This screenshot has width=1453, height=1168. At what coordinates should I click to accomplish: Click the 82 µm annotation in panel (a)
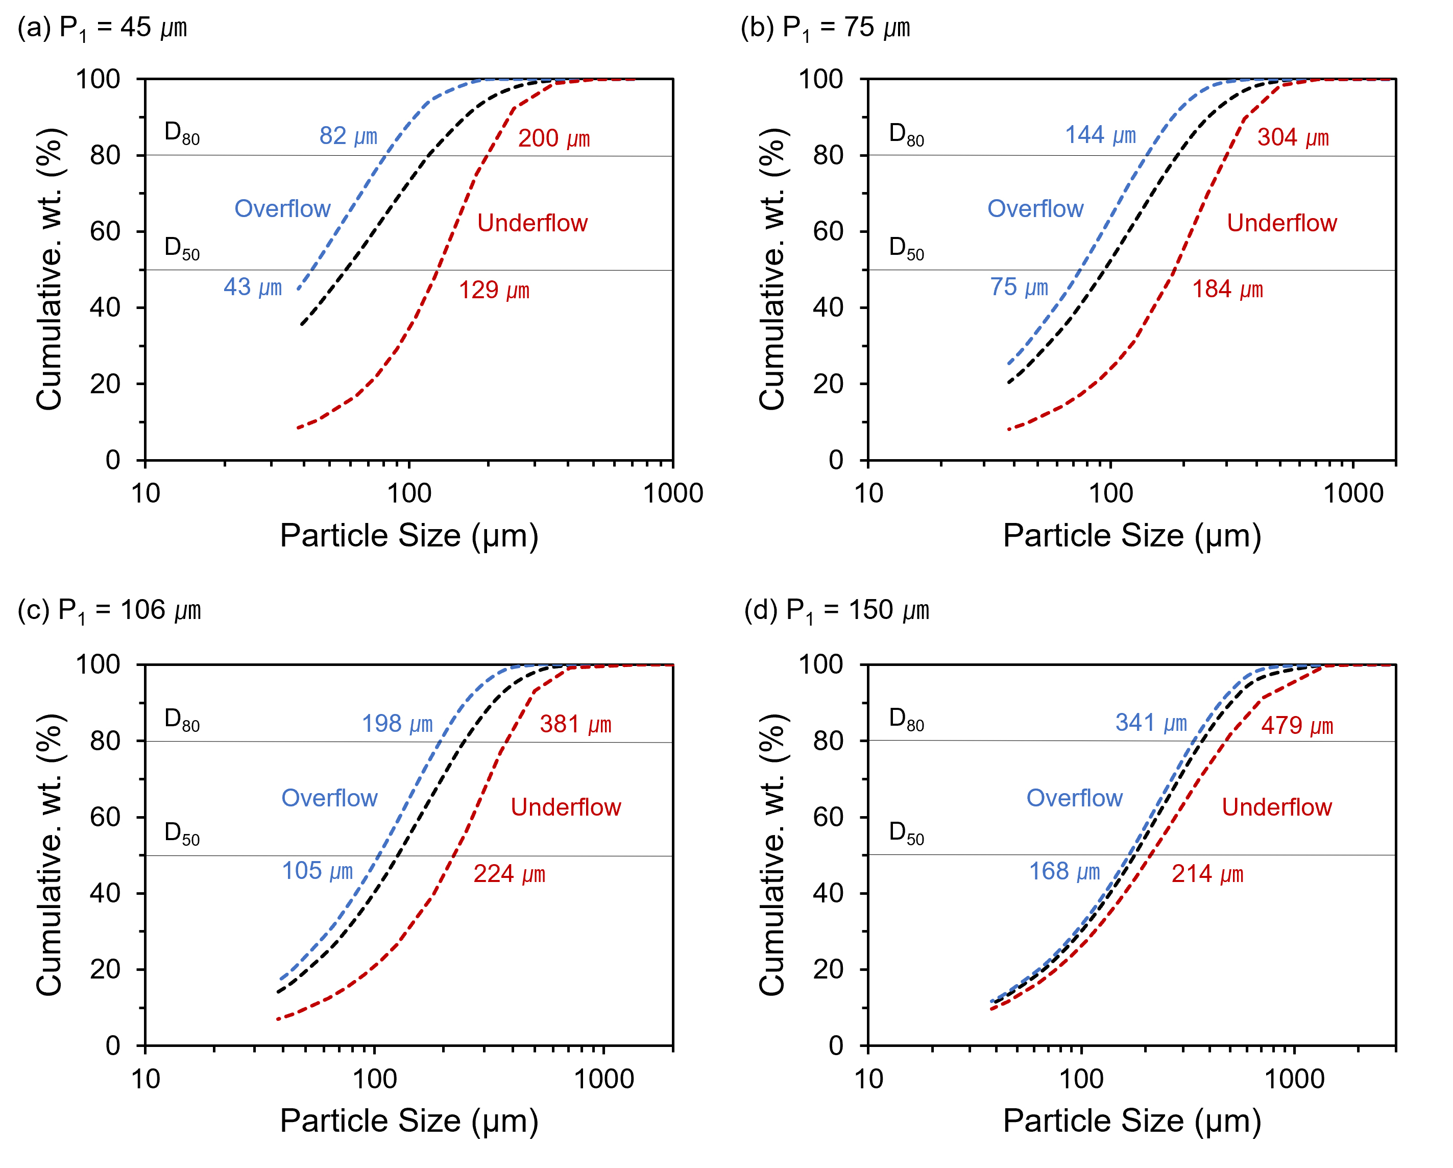click(x=348, y=136)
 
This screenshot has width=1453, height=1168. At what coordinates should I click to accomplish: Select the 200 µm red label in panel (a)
click(x=553, y=139)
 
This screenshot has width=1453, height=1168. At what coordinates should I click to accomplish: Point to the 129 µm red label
click(x=494, y=291)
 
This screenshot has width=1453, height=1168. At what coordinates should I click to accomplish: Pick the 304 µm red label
click(x=1293, y=138)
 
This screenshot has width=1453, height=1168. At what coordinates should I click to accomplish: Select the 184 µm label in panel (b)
click(x=1227, y=290)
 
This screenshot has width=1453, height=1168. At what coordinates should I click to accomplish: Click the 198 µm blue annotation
click(x=397, y=724)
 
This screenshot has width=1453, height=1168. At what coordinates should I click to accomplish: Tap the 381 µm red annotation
click(x=575, y=725)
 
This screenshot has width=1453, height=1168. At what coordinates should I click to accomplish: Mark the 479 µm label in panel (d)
click(x=1297, y=726)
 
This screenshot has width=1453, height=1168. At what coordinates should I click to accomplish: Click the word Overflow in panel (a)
click(x=282, y=209)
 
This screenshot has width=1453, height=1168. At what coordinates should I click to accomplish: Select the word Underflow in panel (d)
click(x=1276, y=807)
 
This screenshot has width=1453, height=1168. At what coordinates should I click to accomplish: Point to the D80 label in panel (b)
click(x=906, y=134)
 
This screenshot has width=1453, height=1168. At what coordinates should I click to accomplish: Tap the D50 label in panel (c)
click(x=182, y=833)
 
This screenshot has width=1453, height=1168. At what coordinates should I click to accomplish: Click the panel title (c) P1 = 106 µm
click(x=109, y=611)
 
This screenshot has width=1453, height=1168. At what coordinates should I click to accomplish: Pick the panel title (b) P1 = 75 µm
click(x=825, y=28)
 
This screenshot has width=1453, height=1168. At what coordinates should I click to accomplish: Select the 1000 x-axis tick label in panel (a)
click(x=672, y=494)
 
